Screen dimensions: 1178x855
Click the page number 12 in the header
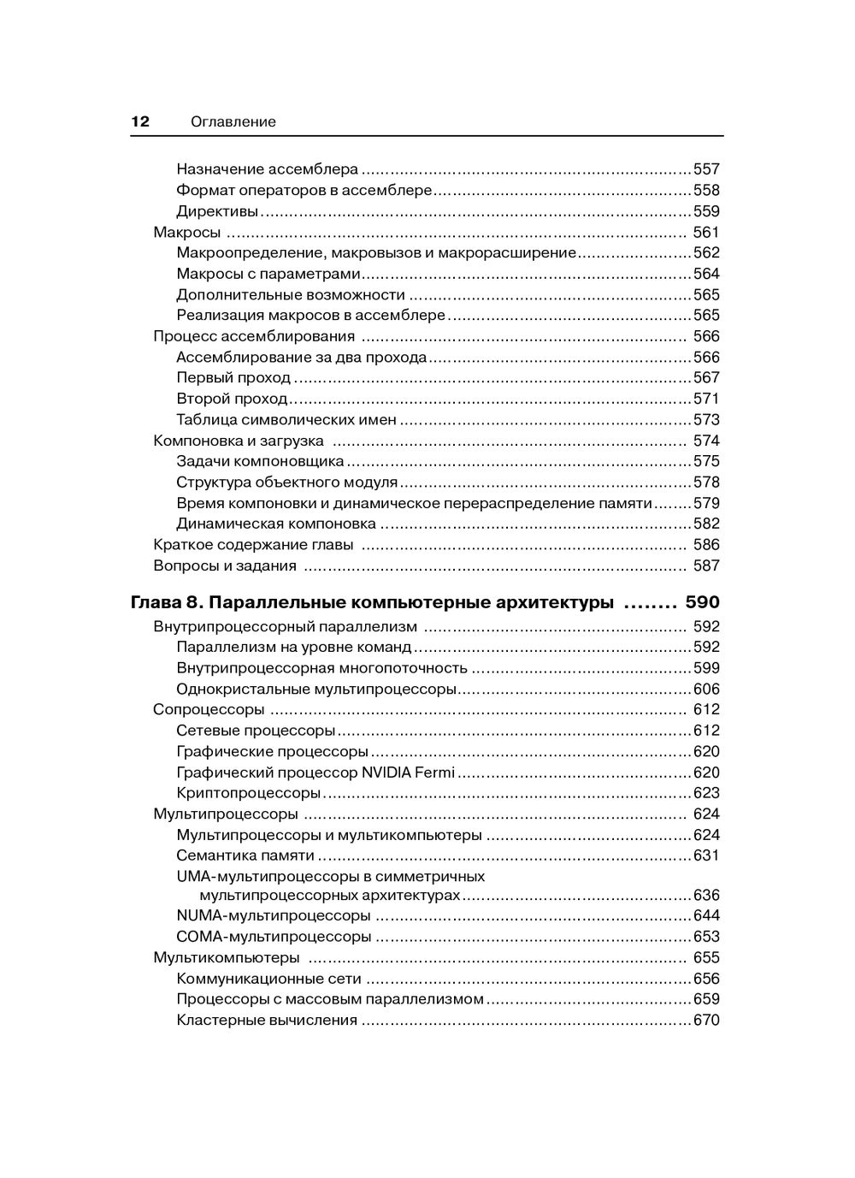click(x=140, y=121)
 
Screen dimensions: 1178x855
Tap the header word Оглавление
click(x=233, y=121)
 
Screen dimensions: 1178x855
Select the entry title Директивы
click(x=217, y=211)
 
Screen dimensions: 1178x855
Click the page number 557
click(x=706, y=169)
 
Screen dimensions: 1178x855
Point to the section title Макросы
click(x=187, y=232)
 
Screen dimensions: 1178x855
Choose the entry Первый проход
click(x=233, y=377)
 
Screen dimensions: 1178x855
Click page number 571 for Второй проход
click(x=706, y=399)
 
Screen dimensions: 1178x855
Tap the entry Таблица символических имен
click(x=286, y=419)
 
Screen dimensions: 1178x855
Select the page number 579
click(x=706, y=503)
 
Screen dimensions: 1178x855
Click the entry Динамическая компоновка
click(x=276, y=524)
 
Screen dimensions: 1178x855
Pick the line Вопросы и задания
click(x=225, y=565)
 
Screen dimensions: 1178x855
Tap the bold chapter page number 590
click(x=703, y=602)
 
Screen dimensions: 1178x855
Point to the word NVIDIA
click(x=388, y=773)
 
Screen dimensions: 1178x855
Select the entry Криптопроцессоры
click(x=248, y=793)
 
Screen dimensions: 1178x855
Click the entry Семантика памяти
click(x=245, y=855)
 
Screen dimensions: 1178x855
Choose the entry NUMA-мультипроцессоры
click(x=274, y=915)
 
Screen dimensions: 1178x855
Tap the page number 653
click(x=706, y=937)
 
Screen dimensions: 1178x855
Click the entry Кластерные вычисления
click(x=267, y=1020)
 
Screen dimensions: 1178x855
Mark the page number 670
click(x=706, y=1020)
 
